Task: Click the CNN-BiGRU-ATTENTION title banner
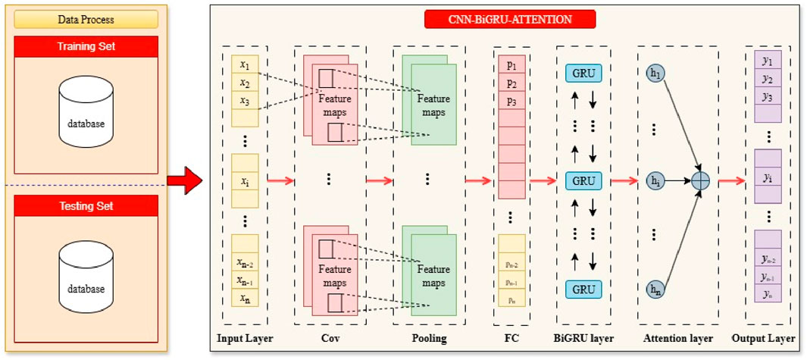tap(510, 19)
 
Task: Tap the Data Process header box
tap(86, 19)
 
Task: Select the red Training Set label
tap(86, 47)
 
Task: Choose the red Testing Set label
tap(86, 205)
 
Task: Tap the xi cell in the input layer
tap(244, 181)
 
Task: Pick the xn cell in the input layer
tap(244, 299)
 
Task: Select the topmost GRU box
tap(583, 74)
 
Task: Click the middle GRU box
tap(583, 181)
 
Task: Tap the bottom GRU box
tap(583, 289)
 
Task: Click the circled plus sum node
tap(700, 181)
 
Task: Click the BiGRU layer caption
tap(583, 339)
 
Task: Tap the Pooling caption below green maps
tap(428, 339)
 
